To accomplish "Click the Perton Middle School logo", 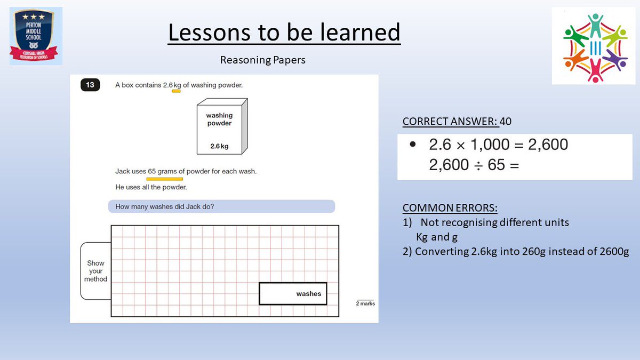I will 36,36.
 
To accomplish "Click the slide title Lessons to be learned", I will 284,33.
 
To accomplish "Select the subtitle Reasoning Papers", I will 263,60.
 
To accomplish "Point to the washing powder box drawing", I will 222,126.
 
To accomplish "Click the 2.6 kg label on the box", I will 219,146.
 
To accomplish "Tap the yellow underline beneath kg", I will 176,91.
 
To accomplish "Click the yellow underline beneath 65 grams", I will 164,179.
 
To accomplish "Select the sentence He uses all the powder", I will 151,187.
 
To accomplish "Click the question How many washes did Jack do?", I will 165,206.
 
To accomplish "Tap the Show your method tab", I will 96,271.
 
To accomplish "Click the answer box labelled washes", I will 293,293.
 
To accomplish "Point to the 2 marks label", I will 365,303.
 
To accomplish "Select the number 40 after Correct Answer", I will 506,122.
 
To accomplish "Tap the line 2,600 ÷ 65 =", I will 474,165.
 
